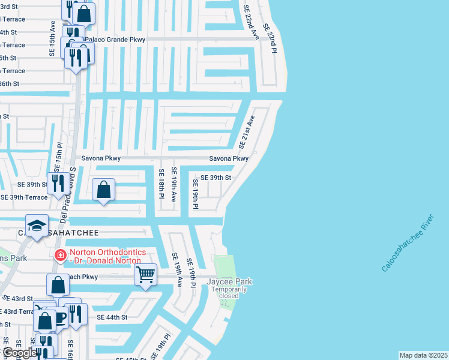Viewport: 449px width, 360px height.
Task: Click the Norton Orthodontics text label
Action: click(x=106, y=256)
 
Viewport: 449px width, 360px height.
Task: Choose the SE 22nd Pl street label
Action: click(x=269, y=39)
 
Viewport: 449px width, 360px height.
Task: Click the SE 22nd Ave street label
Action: click(x=251, y=23)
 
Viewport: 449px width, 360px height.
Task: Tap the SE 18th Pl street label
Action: click(x=161, y=183)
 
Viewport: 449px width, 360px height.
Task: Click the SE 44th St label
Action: click(x=112, y=317)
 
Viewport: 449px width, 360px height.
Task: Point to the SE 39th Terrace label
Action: click(x=24, y=197)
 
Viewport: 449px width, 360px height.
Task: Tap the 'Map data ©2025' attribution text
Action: click(x=423, y=355)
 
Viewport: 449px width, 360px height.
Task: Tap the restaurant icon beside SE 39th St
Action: click(x=58, y=182)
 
